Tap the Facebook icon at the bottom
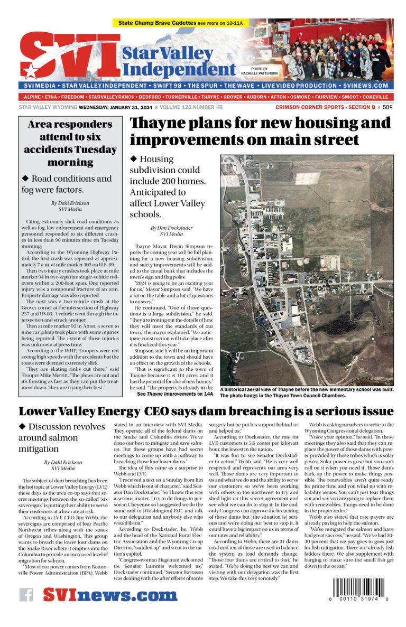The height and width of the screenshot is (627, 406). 26,595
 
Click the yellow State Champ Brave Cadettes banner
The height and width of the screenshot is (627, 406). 182,24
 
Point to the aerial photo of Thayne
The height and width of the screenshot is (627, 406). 306,270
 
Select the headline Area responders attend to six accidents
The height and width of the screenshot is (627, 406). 70,143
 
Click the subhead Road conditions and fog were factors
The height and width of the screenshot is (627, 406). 67,184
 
